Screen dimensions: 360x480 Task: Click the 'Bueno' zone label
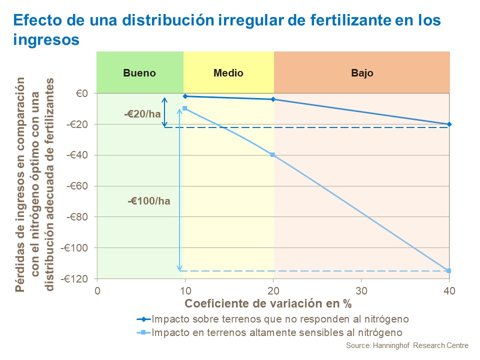click(139, 73)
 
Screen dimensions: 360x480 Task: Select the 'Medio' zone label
click(228, 73)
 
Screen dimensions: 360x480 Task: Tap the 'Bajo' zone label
click(362, 73)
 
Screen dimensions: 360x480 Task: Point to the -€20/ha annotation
click(142, 114)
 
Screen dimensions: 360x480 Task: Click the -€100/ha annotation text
click(148, 201)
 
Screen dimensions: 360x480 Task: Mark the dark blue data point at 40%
click(449, 124)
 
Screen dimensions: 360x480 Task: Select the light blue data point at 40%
click(449, 271)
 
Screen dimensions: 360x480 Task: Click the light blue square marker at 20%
click(273, 155)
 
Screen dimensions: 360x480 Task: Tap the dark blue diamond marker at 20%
click(273, 99)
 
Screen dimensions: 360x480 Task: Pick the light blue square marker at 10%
click(185, 108)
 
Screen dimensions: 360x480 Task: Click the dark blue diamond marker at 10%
click(185, 96)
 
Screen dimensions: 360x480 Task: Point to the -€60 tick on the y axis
click(77, 186)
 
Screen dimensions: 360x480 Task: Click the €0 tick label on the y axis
click(82, 93)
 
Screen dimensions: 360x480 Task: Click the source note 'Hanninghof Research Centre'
click(407, 345)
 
